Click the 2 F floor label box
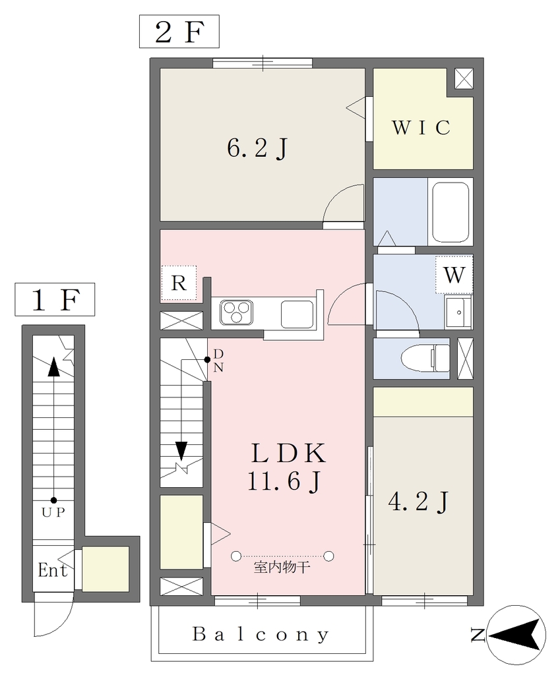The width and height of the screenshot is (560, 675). (x=179, y=32)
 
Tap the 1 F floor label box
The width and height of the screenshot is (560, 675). (x=55, y=299)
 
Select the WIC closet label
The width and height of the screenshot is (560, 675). (x=421, y=127)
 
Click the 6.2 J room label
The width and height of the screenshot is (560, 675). (x=257, y=149)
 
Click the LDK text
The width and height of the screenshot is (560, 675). (x=289, y=453)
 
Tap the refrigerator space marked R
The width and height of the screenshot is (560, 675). (x=179, y=283)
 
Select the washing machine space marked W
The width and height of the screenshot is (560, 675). (x=454, y=275)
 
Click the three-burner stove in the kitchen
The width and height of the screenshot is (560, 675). (x=236, y=312)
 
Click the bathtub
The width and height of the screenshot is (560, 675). (x=451, y=213)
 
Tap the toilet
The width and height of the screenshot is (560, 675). (x=425, y=358)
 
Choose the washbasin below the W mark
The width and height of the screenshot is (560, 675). (x=458, y=312)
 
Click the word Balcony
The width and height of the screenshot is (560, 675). (x=261, y=634)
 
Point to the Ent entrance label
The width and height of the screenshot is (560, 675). (x=53, y=570)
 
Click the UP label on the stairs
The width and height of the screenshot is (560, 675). (x=53, y=512)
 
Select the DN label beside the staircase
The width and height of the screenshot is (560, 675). (x=218, y=361)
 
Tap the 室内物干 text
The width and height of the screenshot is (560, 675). (x=282, y=567)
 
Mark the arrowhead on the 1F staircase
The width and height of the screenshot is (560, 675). (x=54, y=367)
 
